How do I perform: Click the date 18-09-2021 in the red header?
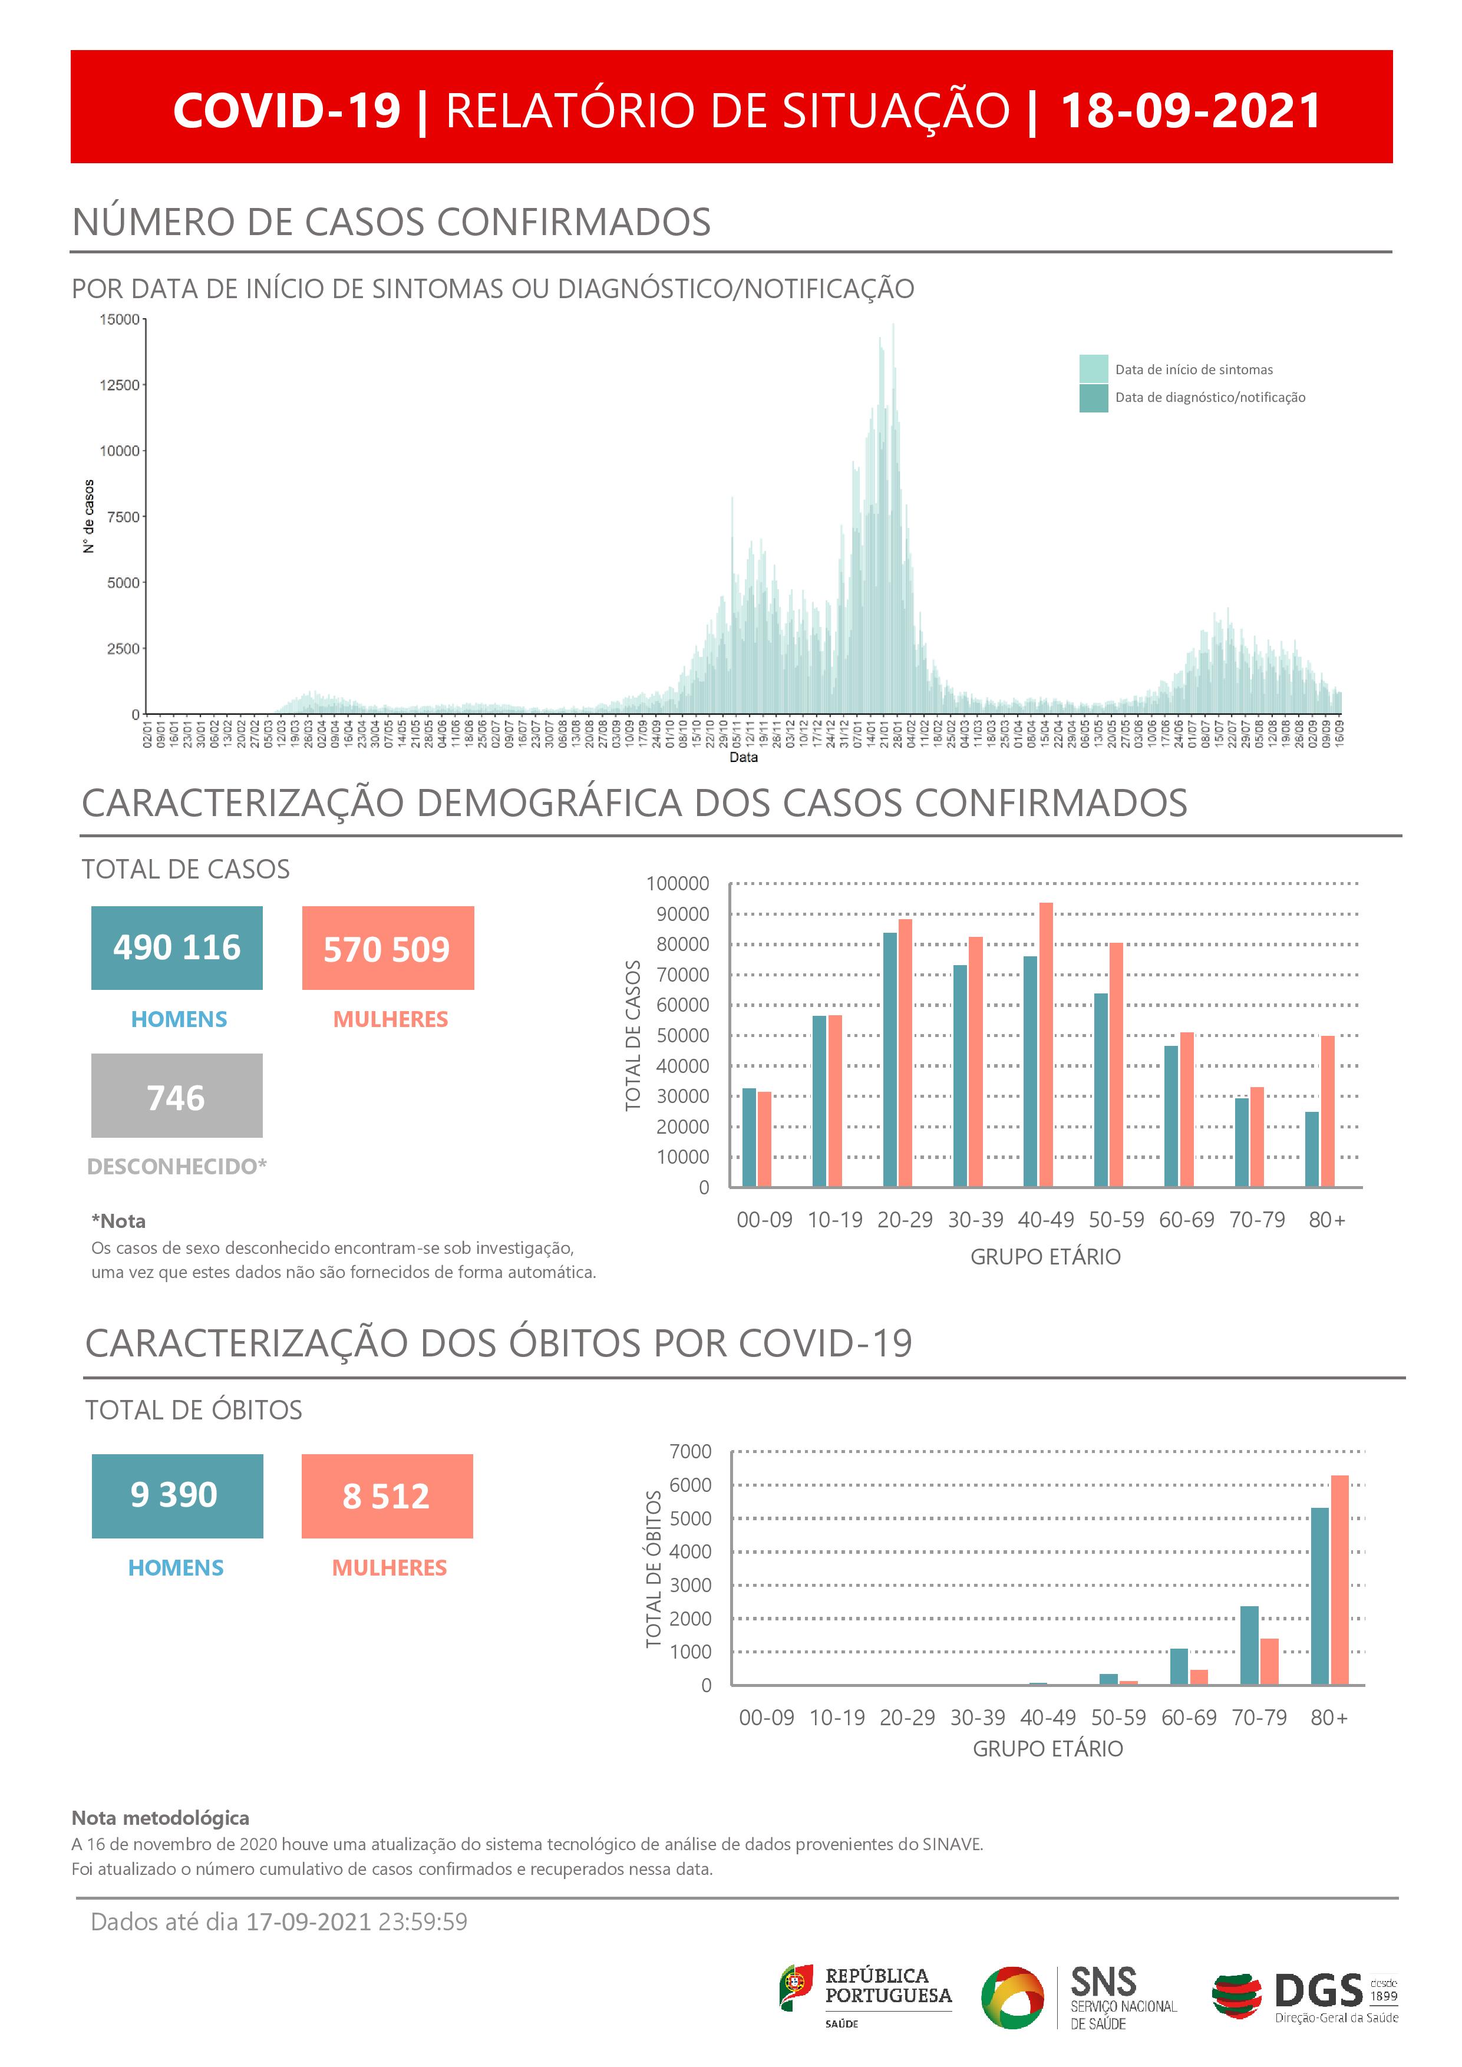click(x=1190, y=111)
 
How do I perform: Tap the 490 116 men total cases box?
click(x=176, y=948)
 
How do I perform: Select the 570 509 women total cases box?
click(x=387, y=949)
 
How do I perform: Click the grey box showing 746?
click(x=176, y=1095)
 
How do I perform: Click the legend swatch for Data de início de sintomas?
click(x=1093, y=369)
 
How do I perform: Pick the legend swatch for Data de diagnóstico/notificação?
click(x=1093, y=398)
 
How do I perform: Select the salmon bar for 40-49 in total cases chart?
click(x=1046, y=1044)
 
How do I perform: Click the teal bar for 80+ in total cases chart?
click(x=1312, y=1149)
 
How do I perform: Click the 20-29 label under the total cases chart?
click(x=905, y=1220)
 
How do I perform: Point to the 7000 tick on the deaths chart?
click(x=691, y=1452)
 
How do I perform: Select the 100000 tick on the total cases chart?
click(x=678, y=884)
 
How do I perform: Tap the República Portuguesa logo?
click(x=865, y=1995)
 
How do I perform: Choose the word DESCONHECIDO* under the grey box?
click(x=176, y=1167)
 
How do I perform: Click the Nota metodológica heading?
click(x=160, y=1818)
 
